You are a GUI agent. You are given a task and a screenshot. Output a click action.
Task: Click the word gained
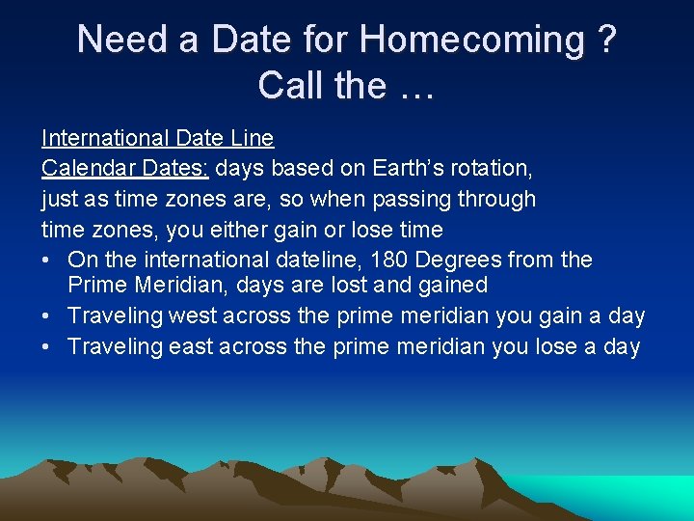(453, 286)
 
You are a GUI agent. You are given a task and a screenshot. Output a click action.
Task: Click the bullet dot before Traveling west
(46, 316)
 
